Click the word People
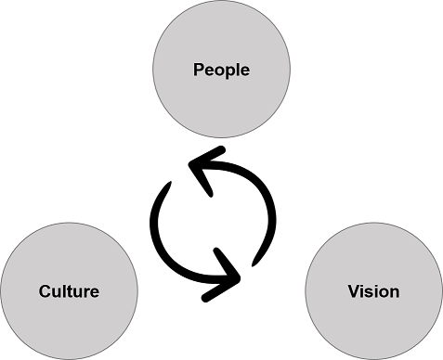[221, 70]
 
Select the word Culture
[70, 291]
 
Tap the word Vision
[373, 291]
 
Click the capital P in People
[198, 70]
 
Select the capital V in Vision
[354, 291]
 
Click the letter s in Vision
[371, 292]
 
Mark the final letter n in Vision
[395, 292]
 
